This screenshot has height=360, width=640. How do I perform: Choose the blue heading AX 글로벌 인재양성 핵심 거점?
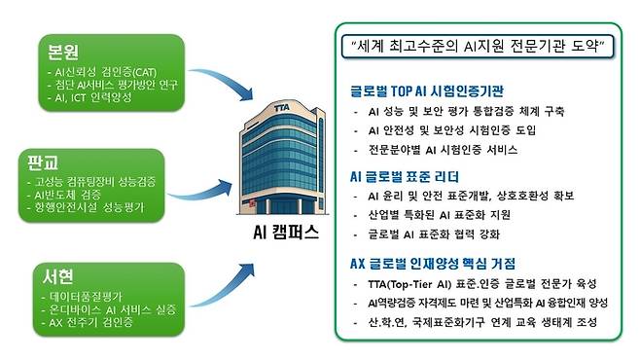pos(447,264)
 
